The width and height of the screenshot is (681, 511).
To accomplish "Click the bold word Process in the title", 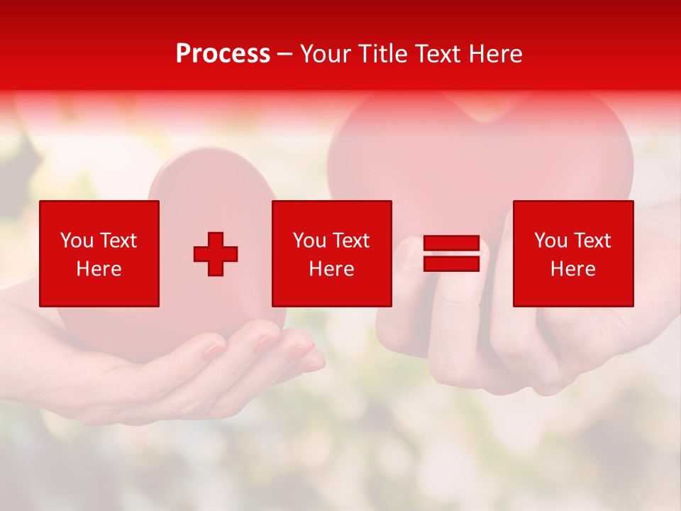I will [x=223, y=54].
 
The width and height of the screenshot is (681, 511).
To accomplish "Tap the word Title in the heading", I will [x=382, y=54].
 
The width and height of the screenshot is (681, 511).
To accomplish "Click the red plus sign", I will [x=216, y=254].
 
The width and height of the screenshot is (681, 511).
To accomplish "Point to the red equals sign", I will [x=451, y=253].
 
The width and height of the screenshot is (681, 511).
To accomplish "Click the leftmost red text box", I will [x=99, y=253].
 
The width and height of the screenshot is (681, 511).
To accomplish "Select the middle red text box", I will [x=331, y=253].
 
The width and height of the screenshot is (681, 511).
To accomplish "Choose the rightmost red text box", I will [x=573, y=253].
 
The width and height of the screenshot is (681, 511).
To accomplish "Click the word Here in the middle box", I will [x=331, y=269].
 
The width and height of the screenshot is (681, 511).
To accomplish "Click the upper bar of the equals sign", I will [x=451, y=243].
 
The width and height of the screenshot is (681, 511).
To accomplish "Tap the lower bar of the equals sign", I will [x=451, y=263].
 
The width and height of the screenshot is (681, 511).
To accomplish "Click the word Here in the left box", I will [x=99, y=269].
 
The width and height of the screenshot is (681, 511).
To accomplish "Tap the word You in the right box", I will [x=550, y=241].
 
